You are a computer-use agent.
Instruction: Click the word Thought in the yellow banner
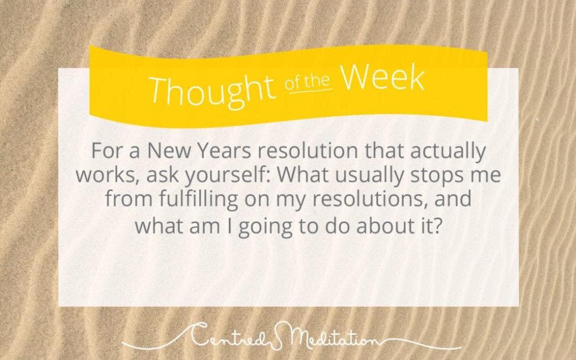(x=212, y=90)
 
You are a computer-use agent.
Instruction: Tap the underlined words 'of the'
(x=308, y=83)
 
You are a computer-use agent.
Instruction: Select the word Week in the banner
(x=383, y=78)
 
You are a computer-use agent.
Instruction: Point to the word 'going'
(x=265, y=227)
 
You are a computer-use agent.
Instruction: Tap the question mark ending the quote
(x=435, y=225)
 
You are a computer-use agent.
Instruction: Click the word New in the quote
(x=169, y=150)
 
